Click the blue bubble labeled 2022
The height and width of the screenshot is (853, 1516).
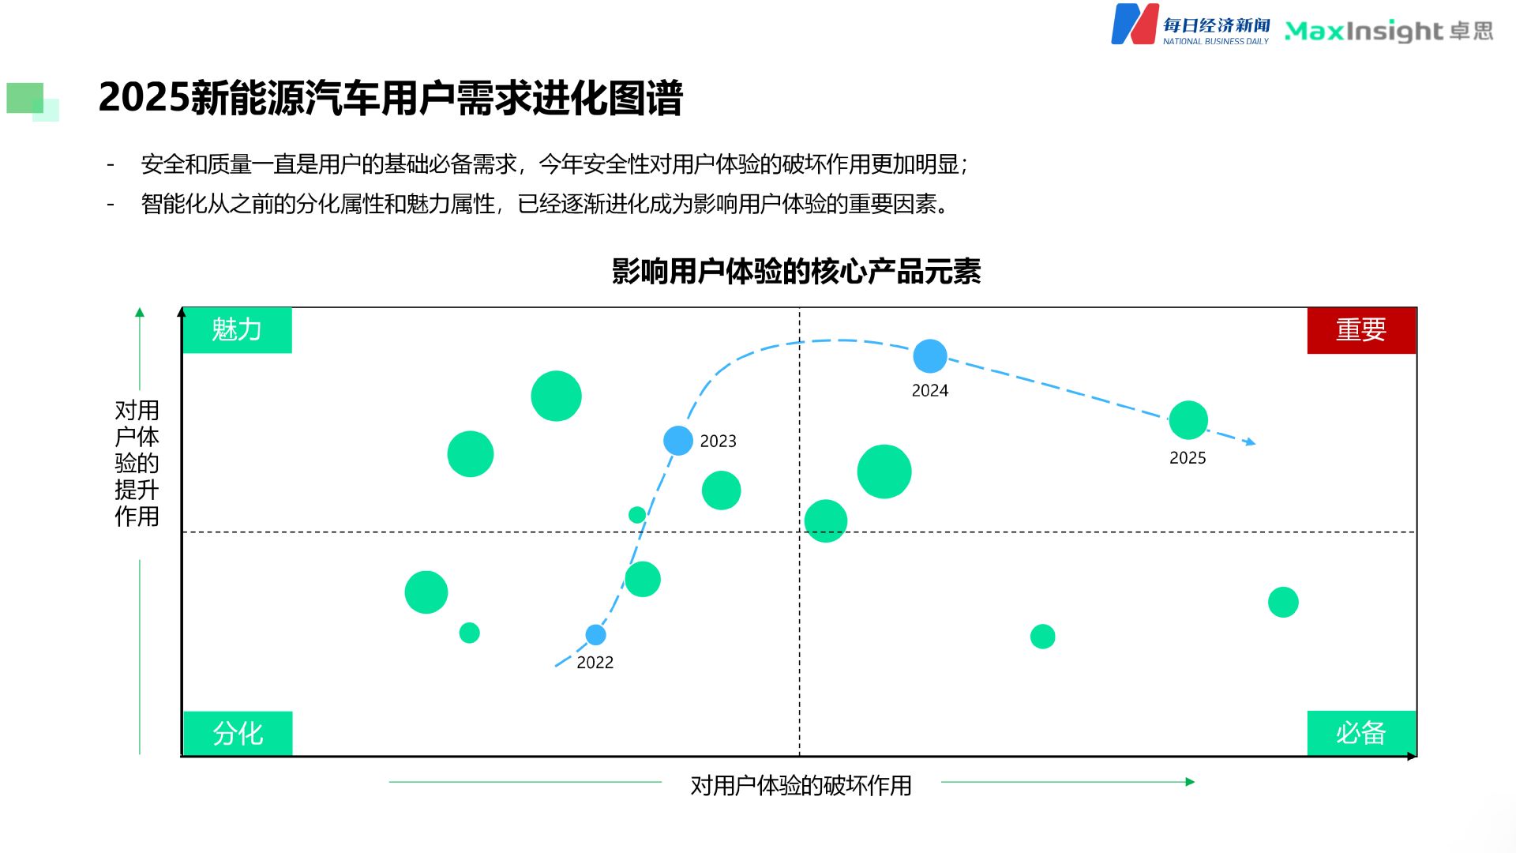click(595, 634)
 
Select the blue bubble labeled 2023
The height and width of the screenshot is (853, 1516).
click(677, 440)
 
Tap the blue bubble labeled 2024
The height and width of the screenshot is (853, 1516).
click(929, 356)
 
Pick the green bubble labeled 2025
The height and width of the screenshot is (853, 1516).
click(1188, 420)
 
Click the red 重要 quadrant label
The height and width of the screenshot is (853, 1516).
click(1360, 330)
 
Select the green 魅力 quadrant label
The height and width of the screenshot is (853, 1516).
click(237, 330)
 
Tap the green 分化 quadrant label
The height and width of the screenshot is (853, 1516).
click(237, 734)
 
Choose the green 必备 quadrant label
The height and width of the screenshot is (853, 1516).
click(1360, 734)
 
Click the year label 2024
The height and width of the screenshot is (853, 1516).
click(929, 390)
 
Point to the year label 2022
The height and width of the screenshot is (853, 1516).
click(595, 663)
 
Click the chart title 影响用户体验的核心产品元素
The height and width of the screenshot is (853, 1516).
click(796, 272)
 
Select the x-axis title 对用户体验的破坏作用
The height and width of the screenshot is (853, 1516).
click(801, 785)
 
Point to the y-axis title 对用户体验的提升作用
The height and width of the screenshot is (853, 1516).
click(137, 463)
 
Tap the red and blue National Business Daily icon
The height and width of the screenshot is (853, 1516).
click(1135, 24)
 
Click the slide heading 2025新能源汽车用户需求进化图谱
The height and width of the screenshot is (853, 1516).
click(390, 98)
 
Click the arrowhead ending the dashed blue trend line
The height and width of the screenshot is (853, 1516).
click(1250, 442)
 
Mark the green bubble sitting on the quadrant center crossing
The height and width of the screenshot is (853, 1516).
click(825, 521)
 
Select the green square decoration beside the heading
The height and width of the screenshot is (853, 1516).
click(26, 99)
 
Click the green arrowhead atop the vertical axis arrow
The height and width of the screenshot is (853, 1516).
click(140, 312)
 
